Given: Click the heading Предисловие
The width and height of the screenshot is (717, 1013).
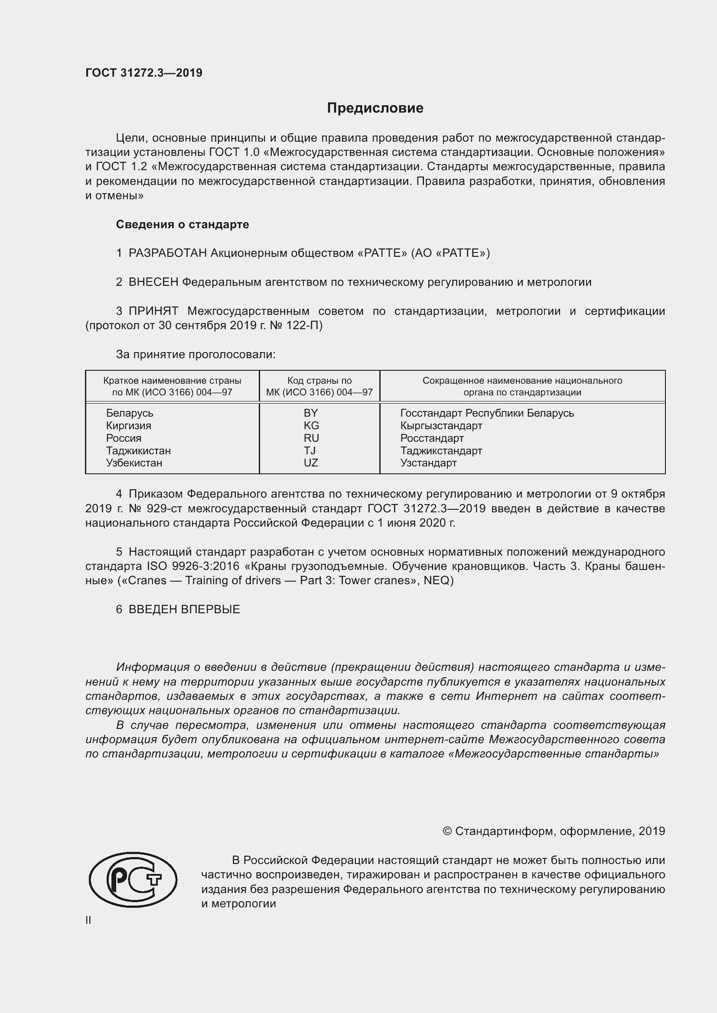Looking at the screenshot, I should point(375,108).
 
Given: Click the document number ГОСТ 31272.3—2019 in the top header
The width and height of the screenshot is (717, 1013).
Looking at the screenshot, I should point(144,73).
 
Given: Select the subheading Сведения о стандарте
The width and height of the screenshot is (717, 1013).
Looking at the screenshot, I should point(183,225).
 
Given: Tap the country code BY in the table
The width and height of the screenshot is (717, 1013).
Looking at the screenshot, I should point(311,413).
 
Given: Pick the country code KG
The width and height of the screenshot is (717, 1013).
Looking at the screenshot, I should point(311,426).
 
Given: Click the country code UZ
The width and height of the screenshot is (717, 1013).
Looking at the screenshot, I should point(311,463).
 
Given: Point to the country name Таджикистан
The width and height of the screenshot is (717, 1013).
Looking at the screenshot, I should point(138,450).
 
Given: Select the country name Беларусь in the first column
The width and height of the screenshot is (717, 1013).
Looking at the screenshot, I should point(129,413).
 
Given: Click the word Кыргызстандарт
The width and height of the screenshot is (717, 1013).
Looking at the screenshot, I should point(441,426).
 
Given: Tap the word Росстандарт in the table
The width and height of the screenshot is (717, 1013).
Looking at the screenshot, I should point(432,438).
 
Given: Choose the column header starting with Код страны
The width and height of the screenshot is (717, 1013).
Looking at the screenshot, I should point(319,386).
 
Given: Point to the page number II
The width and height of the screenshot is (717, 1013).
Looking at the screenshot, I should point(88,920).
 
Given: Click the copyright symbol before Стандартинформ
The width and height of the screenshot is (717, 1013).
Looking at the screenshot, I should point(447,831).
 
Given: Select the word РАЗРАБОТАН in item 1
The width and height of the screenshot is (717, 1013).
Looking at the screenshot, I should point(167,253).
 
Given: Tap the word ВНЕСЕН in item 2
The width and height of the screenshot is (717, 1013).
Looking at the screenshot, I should point(153,282).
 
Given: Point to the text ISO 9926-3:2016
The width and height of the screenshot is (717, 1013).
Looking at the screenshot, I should point(193,566).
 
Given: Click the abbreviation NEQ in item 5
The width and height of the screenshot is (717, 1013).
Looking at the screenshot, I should point(436,581).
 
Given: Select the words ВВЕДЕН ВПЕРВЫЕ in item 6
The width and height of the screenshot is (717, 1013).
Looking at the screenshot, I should point(184,609).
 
